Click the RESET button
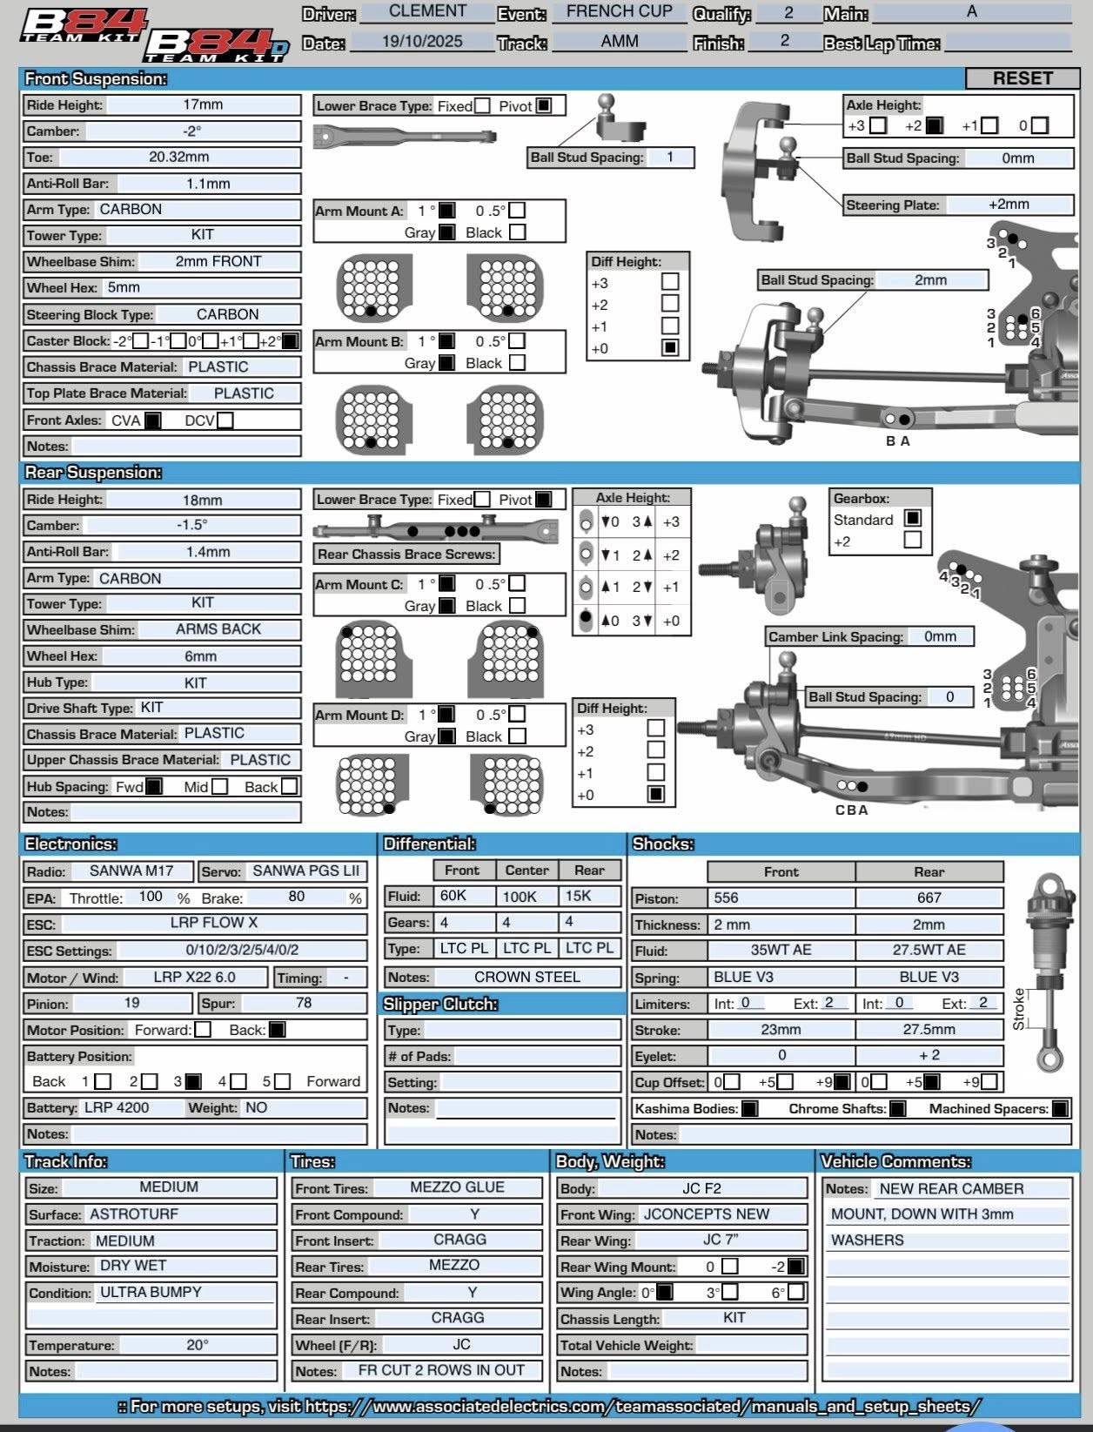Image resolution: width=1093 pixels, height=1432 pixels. pos(1022,78)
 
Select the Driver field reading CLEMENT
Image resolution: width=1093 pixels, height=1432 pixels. pos(427,11)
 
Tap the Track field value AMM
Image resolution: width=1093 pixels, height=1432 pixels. pos(619,42)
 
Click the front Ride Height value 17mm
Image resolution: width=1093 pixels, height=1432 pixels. pos(202,104)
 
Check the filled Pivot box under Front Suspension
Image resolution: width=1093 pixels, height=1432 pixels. pos(544,105)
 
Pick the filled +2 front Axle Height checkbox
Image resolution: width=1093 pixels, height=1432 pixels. pos(934,125)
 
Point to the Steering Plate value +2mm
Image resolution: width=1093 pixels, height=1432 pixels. pos(1009,205)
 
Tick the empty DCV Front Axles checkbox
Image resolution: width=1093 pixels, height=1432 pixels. pos(225,420)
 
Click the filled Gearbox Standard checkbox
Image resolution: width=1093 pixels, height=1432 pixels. pos(912,519)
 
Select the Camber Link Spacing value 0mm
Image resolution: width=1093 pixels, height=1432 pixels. pos(940,636)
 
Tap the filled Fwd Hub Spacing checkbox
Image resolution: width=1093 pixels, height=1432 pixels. pos(154,787)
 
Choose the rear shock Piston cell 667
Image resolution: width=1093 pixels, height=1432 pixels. pos(929,898)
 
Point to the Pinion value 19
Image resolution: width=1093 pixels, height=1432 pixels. pos(131,1004)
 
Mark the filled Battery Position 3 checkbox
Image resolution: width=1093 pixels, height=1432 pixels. pos(193,1082)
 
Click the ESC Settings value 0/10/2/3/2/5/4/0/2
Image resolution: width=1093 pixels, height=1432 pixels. pos(242,950)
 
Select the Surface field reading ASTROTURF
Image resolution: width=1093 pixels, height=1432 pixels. pos(134,1214)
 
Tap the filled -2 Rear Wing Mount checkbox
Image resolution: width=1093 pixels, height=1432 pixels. pos(795,1267)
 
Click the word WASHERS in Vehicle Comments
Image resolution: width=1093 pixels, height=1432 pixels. pos(867,1240)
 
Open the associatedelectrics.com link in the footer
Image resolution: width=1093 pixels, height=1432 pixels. pos(642,1406)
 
